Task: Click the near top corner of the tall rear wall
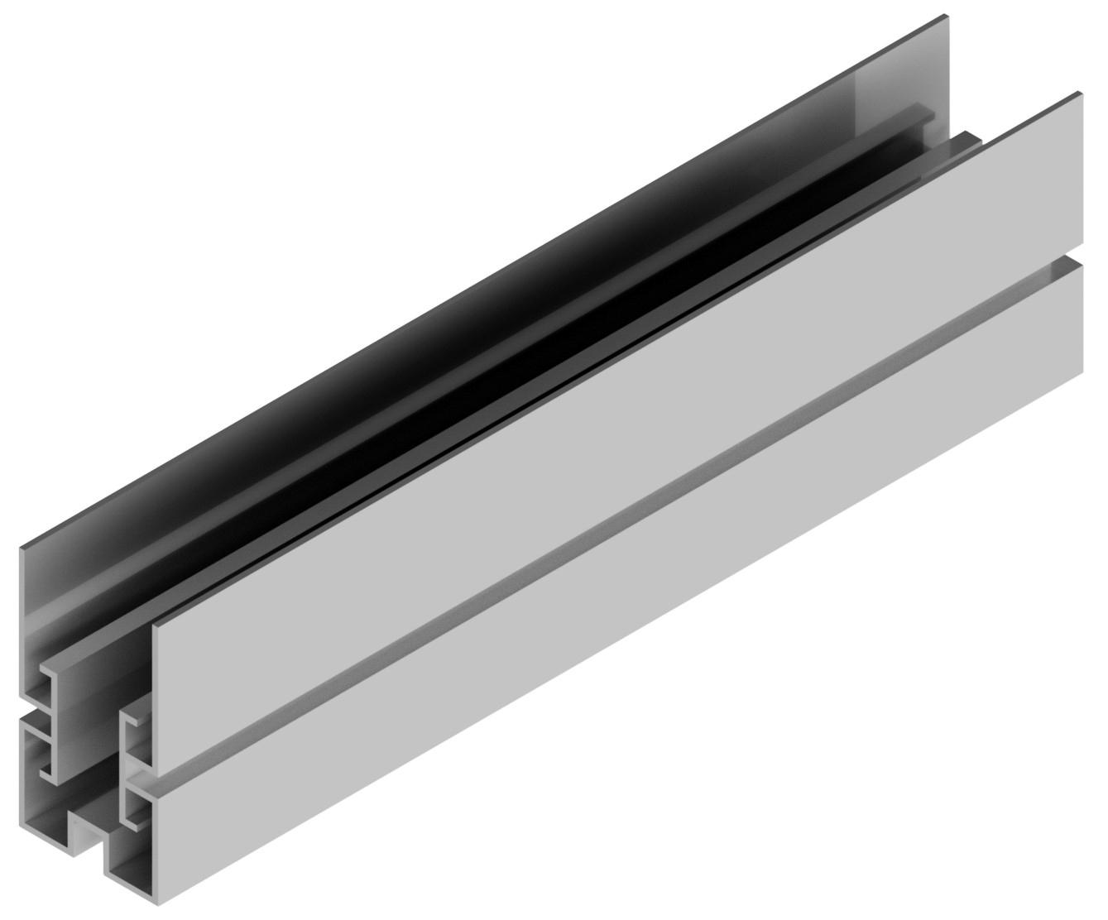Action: pos(22,545)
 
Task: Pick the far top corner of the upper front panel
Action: pos(1079,93)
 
